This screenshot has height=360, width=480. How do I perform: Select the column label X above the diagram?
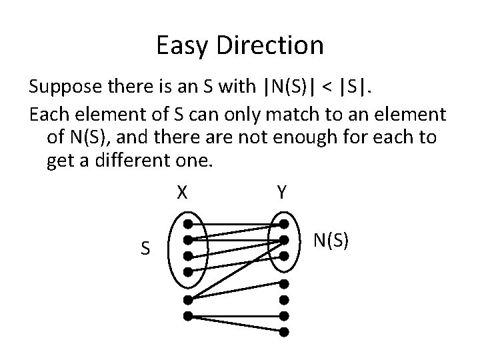pyautogui.click(x=181, y=193)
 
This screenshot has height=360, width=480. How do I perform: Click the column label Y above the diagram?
pyautogui.click(x=281, y=193)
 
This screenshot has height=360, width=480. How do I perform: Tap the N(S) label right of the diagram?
pyautogui.click(x=331, y=240)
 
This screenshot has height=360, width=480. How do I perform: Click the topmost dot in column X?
pyautogui.click(x=189, y=224)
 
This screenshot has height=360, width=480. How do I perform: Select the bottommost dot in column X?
pyautogui.click(x=189, y=315)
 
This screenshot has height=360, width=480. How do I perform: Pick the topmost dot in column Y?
pyautogui.click(x=284, y=224)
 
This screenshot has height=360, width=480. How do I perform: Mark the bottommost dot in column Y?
pyautogui.click(x=284, y=331)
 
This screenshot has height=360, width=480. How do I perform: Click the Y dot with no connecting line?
pyautogui.click(x=284, y=284)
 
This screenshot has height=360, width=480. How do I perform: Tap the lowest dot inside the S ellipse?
pyautogui.click(x=189, y=271)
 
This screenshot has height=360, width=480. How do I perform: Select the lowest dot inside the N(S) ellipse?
pyautogui.click(x=284, y=255)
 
